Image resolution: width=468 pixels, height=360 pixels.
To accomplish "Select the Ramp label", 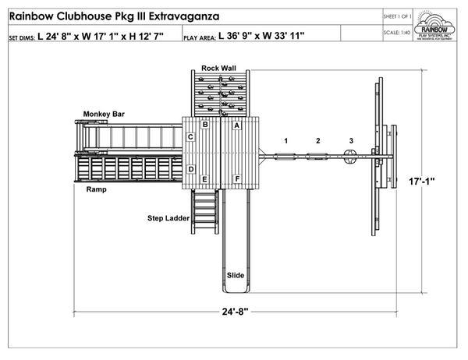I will click(96, 189).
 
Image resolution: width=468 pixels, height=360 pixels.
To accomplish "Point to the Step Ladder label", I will click(168, 218).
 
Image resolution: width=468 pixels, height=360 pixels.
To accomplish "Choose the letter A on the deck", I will click(236, 125).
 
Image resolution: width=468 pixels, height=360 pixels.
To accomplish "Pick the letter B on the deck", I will click(205, 125).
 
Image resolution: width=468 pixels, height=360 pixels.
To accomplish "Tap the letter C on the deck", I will click(190, 138).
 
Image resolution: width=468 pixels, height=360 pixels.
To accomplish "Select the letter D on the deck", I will click(190, 169).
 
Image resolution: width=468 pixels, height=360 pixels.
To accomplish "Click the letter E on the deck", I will click(204, 180).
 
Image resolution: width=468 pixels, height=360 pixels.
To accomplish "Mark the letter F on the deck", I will click(236, 180).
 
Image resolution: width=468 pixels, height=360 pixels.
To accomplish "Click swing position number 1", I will click(286, 141).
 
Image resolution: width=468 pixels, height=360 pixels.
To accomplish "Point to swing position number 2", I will click(317, 141).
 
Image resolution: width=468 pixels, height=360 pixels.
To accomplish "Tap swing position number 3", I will click(351, 141).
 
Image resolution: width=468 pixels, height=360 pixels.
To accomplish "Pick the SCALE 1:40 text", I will click(398, 33).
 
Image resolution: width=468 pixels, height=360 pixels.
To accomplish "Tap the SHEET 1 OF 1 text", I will click(398, 15).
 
